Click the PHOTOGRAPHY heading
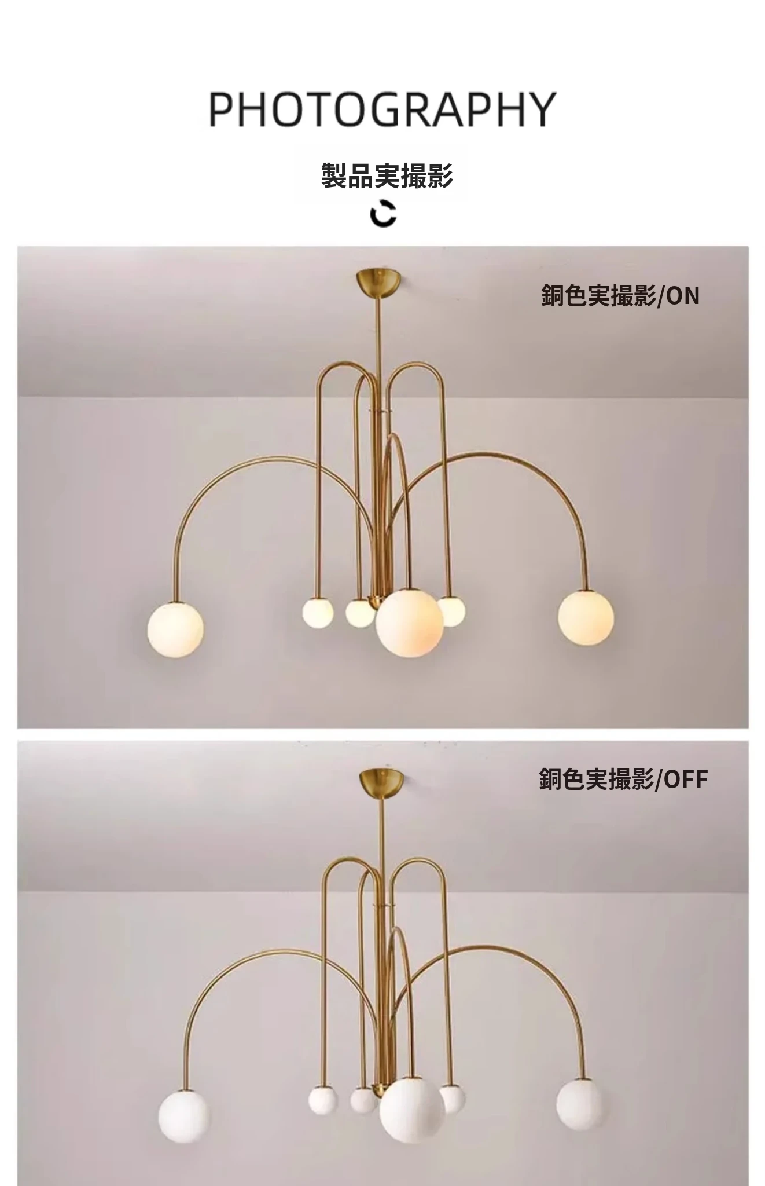[382, 109]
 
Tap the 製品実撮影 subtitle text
[387, 175]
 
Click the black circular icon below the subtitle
[383, 213]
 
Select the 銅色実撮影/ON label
[620, 295]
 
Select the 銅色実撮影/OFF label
[623, 779]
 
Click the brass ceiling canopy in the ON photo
[378, 280]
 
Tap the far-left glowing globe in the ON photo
[175, 629]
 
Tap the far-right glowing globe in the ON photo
[586, 617]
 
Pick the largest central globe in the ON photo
[410, 623]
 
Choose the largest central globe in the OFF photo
[412, 1110]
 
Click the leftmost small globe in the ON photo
[318, 613]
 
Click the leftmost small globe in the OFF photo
[322, 1100]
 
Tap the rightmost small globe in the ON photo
[450, 612]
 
